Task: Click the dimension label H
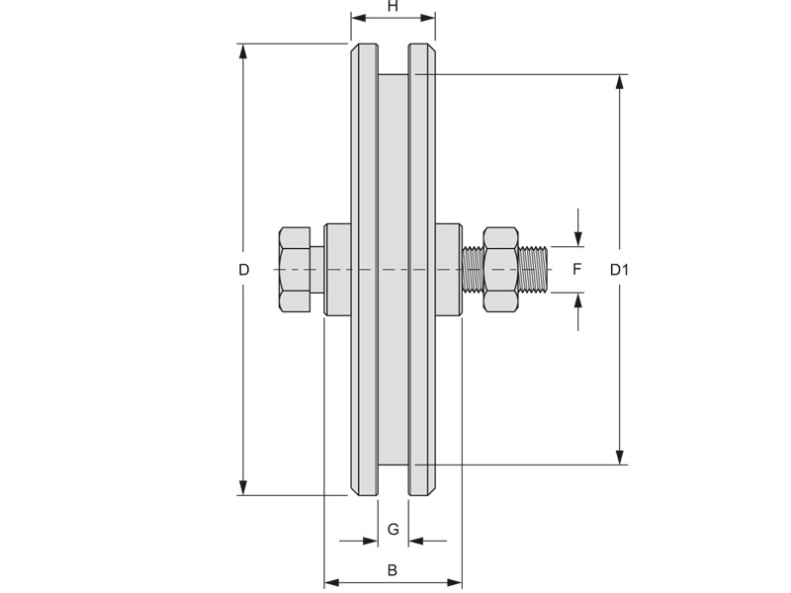(x=393, y=6)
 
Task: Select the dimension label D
(x=243, y=270)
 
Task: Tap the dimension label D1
(x=619, y=270)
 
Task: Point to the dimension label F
(x=577, y=269)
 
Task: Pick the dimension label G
(x=393, y=529)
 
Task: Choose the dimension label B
(x=392, y=570)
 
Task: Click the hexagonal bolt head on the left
(x=295, y=270)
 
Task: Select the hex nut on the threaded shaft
(x=501, y=269)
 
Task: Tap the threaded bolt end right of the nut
(x=533, y=269)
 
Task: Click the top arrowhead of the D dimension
(x=243, y=52)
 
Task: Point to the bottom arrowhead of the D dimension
(x=243, y=487)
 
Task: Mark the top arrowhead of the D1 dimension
(x=620, y=83)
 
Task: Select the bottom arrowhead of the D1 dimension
(x=620, y=457)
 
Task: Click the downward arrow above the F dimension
(x=578, y=228)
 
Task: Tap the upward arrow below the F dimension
(x=578, y=311)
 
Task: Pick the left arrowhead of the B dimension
(x=331, y=583)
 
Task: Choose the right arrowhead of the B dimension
(x=454, y=583)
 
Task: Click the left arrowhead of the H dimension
(x=359, y=18)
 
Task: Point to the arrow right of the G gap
(x=427, y=541)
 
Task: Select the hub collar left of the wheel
(x=337, y=269)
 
